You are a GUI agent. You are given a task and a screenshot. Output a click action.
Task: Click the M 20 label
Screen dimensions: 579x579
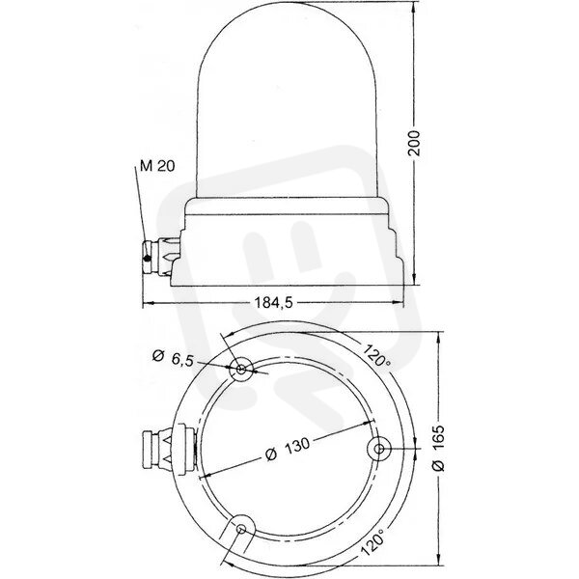(x=157, y=166)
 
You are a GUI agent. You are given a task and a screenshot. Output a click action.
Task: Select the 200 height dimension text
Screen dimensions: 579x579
(x=415, y=143)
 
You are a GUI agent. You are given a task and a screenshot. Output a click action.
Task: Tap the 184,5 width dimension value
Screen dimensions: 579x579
(x=274, y=303)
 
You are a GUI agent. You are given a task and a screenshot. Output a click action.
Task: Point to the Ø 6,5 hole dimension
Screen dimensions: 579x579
(x=173, y=358)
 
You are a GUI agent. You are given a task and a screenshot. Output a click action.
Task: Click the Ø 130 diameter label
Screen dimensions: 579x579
(x=288, y=448)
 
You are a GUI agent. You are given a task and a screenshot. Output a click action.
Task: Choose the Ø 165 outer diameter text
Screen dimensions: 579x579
(x=438, y=448)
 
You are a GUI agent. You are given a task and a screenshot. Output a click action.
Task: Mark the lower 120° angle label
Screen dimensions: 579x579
(x=372, y=539)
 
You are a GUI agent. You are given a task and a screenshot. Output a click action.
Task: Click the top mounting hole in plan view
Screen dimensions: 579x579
(x=241, y=369)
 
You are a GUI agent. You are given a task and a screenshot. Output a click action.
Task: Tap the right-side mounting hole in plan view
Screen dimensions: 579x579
(x=379, y=449)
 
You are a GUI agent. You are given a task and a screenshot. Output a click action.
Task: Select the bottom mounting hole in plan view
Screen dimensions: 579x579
(x=241, y=529)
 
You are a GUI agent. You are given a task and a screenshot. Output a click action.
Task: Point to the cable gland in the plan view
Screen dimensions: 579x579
(x=169, y=449)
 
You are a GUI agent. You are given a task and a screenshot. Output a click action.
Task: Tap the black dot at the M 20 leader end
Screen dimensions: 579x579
(x=148, y=259)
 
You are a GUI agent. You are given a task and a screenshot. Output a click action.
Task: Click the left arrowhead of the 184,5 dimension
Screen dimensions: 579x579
(x=148, y=303)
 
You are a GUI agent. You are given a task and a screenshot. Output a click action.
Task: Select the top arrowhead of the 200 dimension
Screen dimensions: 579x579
(x=414, y=7)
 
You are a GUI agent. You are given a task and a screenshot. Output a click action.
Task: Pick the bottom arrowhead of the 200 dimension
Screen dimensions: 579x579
(x=414, y=280)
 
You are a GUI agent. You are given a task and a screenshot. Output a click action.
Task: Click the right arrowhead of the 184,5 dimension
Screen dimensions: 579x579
(x=399, y=303)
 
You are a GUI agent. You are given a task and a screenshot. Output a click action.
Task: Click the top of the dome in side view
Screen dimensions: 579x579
(x=286, y=2)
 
